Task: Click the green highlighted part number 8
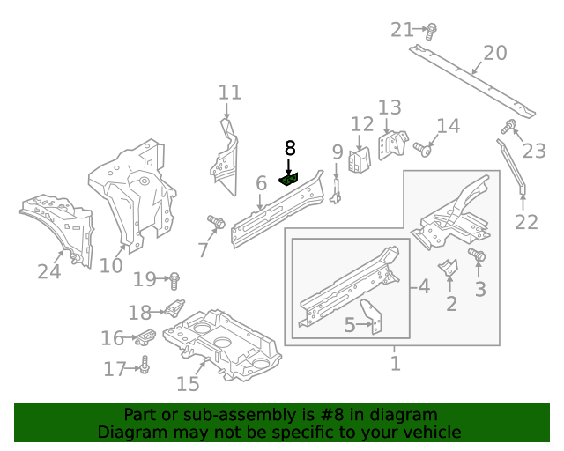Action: (288, 179)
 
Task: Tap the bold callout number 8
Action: (290, 148)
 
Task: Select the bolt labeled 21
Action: (431, 32)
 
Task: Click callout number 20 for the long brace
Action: (495, 53)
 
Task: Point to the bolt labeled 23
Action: (508, 126)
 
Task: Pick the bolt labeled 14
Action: (422, 149)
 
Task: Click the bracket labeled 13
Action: (393, 144)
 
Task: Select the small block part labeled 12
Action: (359, 159)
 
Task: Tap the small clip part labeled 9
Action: (336, 191)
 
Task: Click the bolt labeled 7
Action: (216, 222)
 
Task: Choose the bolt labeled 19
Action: (174, 281)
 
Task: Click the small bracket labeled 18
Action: (174, 307)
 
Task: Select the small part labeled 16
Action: (145, 337)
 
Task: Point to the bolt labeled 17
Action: (145, 365)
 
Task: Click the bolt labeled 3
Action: (477, 255)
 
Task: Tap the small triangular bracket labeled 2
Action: (449, 268)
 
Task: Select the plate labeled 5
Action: (372, 316)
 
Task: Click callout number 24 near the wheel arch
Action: (49, 271)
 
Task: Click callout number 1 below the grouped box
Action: (396, 363)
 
